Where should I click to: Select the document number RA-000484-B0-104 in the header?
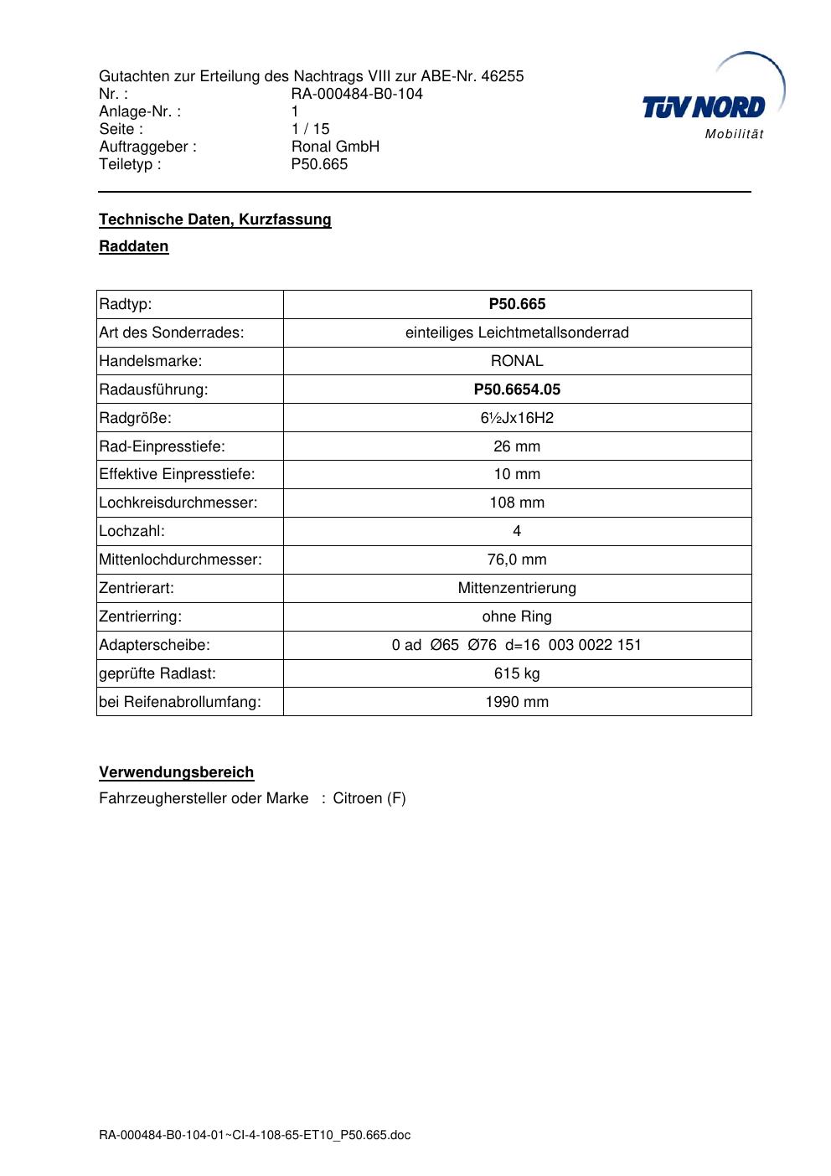pos(357,94)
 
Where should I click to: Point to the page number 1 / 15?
pos(310,129)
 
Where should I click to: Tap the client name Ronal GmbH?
pos(335,147)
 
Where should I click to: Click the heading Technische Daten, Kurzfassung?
pos(215,219)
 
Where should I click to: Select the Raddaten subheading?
pos(134,246)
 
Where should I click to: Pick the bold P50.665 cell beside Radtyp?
pos(517,304)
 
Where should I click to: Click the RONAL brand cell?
pos(517,361)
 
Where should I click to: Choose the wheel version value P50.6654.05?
pos(517,389)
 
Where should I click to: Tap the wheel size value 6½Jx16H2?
pos(517,418)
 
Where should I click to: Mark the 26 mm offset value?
pos(517,446)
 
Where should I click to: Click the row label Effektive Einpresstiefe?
pos(177,474)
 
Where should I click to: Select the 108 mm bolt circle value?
pos(517,503)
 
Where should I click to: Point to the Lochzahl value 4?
pos(517,531)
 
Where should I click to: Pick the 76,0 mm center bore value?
pos(517,560)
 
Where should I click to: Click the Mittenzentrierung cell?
pos(517,588)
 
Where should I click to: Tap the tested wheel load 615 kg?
pos(517,673)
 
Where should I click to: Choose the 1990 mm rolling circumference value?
pos(517,702)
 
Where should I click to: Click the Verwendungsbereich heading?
pos(177,772)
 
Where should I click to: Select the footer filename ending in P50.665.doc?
pos(255,1136)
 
